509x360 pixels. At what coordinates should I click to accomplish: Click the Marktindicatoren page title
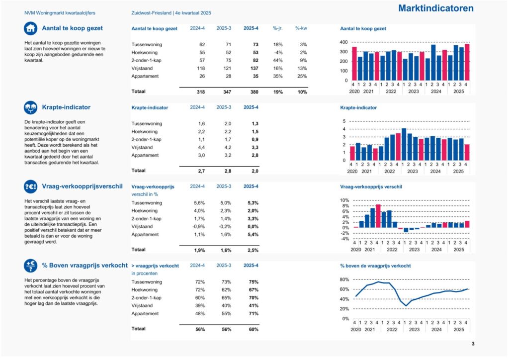pos(435,8)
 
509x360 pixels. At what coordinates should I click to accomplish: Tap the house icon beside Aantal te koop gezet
pos(30,28)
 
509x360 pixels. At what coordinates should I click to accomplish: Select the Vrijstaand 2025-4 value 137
pos(253,68)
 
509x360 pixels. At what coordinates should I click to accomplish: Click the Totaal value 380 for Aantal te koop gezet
pos(253,91)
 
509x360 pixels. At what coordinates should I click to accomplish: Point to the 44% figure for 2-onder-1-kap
pos(277,60)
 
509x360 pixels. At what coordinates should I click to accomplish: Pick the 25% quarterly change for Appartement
pos(302,76)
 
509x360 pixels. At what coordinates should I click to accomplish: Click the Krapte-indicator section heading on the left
pos(66,107)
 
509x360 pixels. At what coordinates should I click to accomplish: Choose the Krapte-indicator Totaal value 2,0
pos(253,171)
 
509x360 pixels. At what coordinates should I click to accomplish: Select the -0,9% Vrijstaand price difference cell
pos(198,226)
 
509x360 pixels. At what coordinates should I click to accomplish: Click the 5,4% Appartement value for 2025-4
pos(253,234)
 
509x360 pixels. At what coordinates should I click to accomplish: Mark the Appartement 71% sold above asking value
pos(253,313)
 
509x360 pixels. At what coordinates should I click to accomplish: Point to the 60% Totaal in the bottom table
pos(253,329)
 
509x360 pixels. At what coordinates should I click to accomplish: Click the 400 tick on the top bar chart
pos(343,42)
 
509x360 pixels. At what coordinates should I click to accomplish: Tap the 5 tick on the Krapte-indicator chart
pos(343,121)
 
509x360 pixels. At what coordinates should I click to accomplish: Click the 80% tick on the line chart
pos(344,279)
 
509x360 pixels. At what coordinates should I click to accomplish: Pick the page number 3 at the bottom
pos(473,344)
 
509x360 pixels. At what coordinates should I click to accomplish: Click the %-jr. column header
pos(277,28)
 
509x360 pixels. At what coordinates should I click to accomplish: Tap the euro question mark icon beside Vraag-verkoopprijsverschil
pos(30,186)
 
